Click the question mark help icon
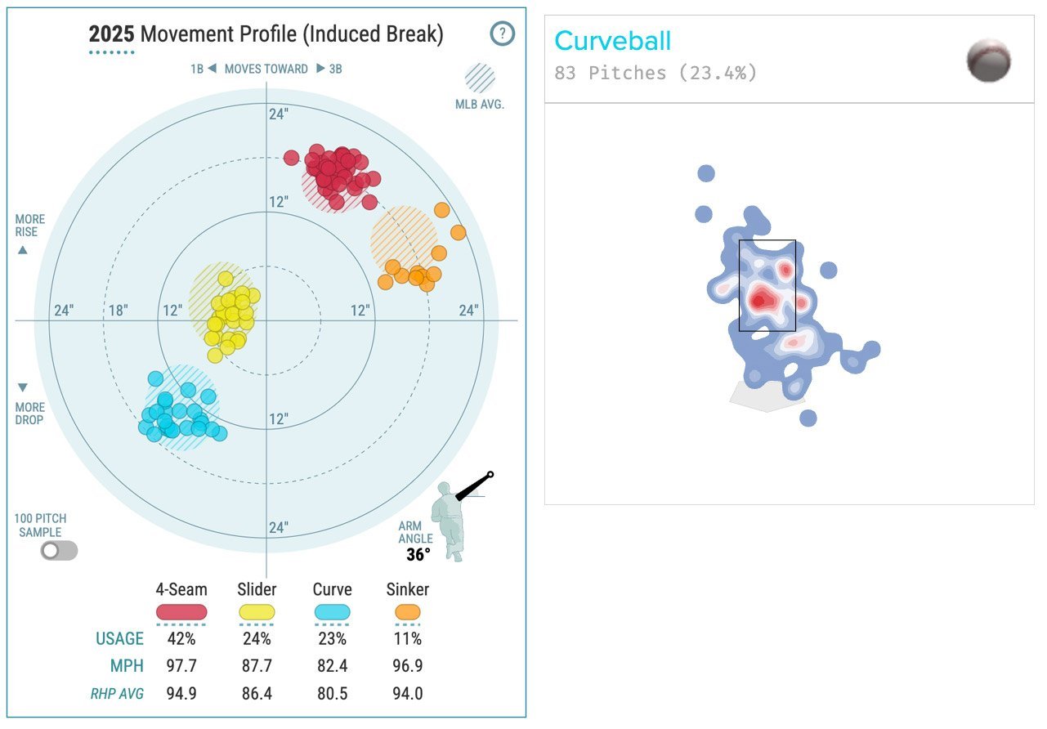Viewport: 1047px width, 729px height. pos(503,34)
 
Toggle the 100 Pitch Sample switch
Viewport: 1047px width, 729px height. pos(60,550)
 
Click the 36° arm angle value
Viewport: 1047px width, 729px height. pos(418,555)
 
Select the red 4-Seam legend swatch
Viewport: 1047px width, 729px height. pos(181,612)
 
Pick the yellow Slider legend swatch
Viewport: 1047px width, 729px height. pos(257,612)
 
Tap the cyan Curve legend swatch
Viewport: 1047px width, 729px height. pos(332,612)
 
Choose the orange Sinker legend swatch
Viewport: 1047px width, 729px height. pos(407,612)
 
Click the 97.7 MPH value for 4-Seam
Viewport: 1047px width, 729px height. pos(181,666)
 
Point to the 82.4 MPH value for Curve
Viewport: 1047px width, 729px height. pos(332,666)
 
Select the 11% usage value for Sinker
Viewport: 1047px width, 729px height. pos(407,639)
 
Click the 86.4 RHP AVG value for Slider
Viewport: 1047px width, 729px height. pos(257,694)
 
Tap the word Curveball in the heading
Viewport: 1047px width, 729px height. pos(612,41)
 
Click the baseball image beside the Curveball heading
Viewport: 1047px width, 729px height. pos(988,60)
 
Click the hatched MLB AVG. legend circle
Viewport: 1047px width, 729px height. pos(480,78)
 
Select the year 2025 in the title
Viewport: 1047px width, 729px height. pos(111,35)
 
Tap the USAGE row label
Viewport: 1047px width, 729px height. pos(119,639)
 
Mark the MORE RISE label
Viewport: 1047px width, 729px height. pos(30,226)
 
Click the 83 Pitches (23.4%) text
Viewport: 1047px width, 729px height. pos(655,73)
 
